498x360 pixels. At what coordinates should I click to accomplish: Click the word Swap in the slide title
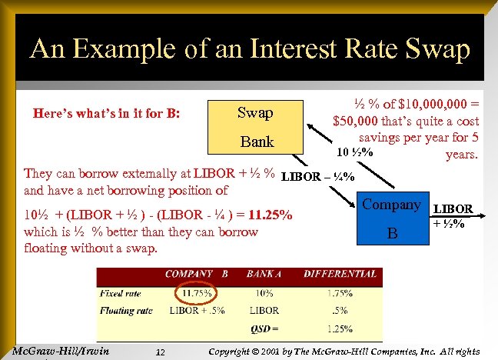pos(431,50)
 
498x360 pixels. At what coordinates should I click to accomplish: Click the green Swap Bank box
pos(257,127)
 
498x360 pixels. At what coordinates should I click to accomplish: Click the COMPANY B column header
pos(196,274)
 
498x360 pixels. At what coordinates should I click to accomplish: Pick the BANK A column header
pos(265,274)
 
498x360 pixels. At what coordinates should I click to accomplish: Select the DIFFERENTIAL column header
pos(340,274)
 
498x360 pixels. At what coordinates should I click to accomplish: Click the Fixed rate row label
pos(121,293)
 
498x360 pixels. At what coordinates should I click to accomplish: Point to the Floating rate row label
pos(127,310)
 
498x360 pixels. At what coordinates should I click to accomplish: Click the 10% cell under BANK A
pos(265,293)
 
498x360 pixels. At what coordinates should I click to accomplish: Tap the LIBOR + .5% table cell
pos(196,310)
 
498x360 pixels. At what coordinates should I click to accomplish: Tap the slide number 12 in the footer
pos(160,352)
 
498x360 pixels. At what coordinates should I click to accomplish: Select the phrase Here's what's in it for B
pos(107,113)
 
